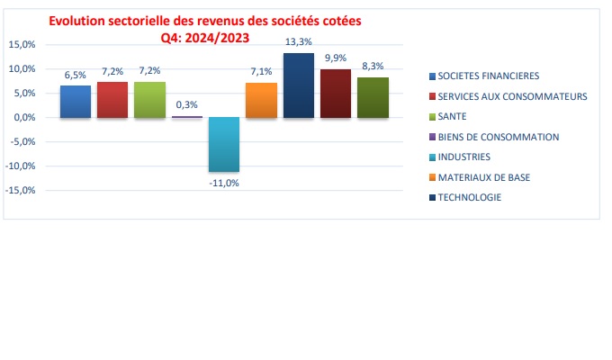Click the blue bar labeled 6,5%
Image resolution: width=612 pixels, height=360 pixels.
(76, 102)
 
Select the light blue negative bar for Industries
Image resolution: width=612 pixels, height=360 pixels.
(223, 144)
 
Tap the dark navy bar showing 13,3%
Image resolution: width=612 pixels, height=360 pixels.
(298, 85)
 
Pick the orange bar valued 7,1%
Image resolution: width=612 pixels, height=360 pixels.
(261, 100)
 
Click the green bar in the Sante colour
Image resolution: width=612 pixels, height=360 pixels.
(149, 100)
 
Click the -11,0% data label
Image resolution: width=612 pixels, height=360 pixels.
(223, 183)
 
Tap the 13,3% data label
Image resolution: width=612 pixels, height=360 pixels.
(298, 41)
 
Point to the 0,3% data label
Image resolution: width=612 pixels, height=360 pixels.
(186, 104)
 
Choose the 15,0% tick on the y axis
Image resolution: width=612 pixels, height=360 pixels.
(21, 44)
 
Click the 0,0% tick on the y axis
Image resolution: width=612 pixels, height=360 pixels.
(22, 117)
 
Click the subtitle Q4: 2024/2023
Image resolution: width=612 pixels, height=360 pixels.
(204, 37)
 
